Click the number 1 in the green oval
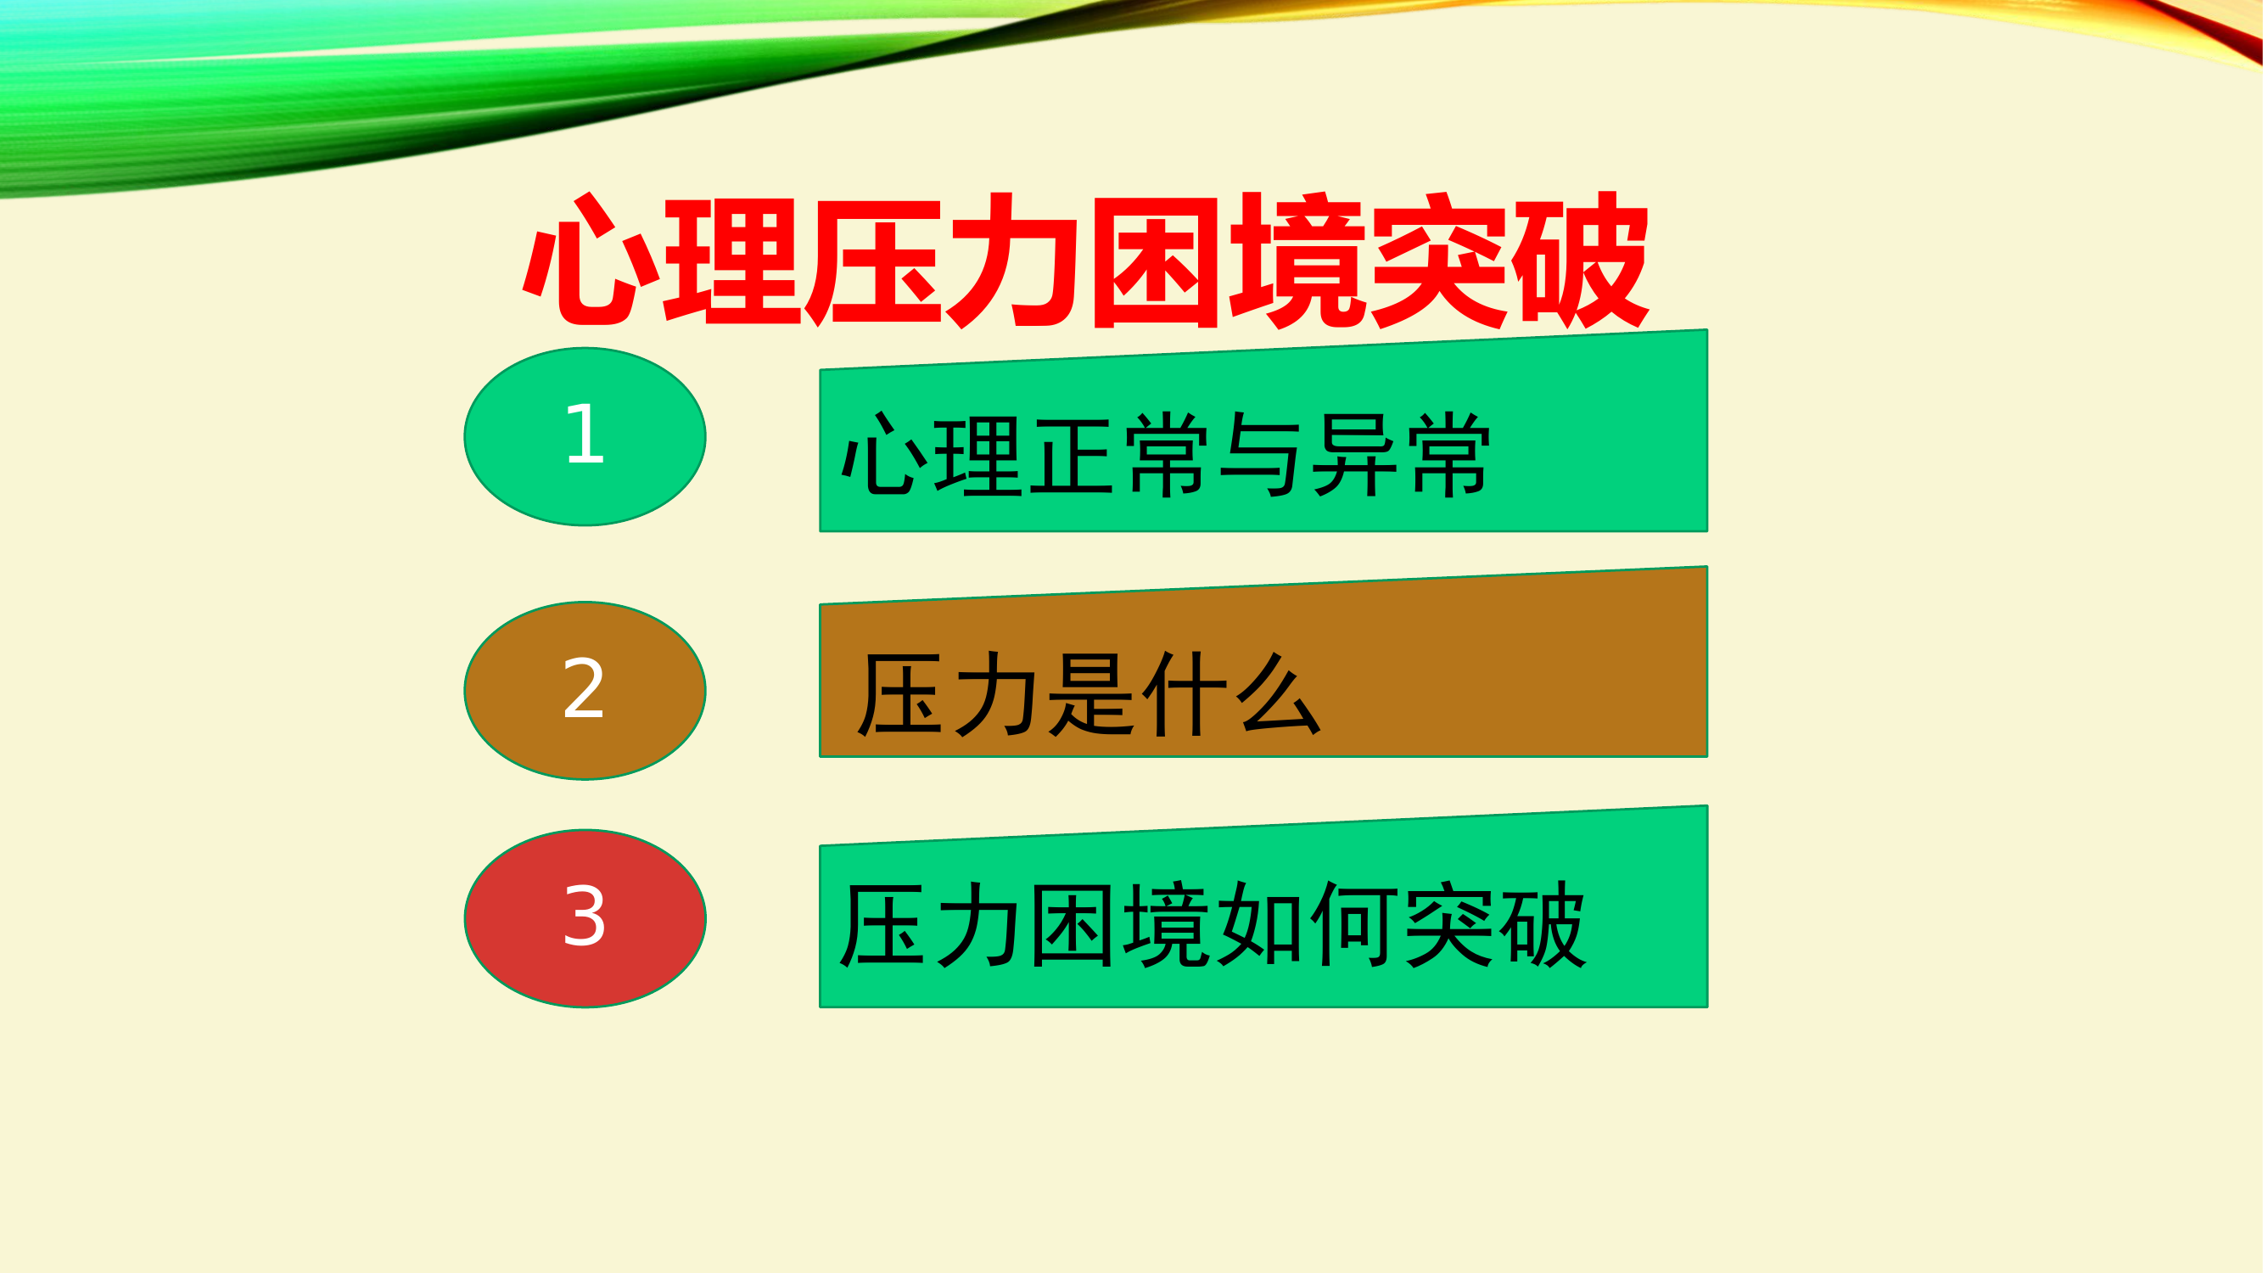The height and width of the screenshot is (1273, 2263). tap(585, 434)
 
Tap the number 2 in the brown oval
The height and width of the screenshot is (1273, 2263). tap(584, 689)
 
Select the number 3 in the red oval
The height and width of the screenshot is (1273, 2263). tap(584, 917)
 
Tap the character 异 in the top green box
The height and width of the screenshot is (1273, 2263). tap(1354, 455)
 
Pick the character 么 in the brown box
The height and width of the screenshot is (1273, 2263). tap(1278, 694)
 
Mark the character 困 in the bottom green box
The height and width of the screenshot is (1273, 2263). tap(1072, 925)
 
